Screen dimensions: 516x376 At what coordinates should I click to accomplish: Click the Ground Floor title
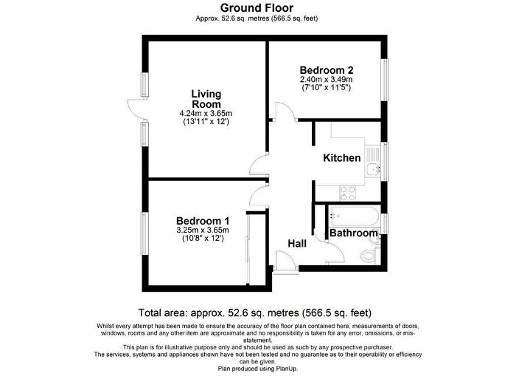[257, 7]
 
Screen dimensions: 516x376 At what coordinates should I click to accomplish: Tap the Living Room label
[206, 99]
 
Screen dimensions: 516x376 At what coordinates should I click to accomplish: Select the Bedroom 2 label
[327, 70]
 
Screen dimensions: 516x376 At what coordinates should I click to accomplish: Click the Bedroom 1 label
[203, 221]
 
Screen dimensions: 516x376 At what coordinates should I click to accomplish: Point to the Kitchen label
[342, 157]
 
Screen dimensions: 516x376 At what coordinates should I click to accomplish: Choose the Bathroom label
[353, 233]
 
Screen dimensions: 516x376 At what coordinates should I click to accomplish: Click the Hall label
[297, 244]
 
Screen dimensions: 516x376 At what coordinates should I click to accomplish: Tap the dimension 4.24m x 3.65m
[206, 114]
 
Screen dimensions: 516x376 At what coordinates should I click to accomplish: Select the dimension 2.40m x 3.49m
[327, 80]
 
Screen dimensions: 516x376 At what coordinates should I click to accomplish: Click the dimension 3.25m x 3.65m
[203, 230]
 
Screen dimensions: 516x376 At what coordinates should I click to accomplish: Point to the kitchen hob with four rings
[348, 194]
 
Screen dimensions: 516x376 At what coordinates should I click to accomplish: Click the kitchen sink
[373, 161]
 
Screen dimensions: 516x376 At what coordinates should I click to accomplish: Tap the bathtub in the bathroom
[354, 216]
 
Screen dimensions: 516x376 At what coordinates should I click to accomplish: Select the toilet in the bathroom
[369, 255]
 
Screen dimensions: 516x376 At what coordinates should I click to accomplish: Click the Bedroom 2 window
[384, 80]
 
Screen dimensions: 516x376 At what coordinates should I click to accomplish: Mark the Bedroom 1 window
[144, 233]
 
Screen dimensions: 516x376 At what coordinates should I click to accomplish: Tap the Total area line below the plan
[255, 312]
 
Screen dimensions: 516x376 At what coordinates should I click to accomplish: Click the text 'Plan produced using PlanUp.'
[258, 369]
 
